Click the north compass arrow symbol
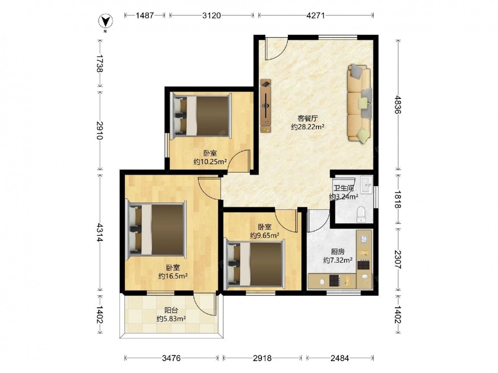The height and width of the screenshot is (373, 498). pyautogui.click(x=106, y=22)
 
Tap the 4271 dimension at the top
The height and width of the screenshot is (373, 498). pyautogui.click(x=315, y=15)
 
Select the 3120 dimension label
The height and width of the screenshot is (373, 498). pyautogui.click(x=211, y=15)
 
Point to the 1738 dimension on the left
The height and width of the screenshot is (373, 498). pyautogui.click(x=100, y=64)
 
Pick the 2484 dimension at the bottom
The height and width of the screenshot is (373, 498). pyautogui.click(x=340, y=358)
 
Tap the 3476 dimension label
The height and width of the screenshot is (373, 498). pyautogui.click(x=171, y=358)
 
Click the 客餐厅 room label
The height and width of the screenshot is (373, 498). pyautogui.click(x=307, y=118)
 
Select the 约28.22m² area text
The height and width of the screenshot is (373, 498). pyautogui.click(x=307, y=127)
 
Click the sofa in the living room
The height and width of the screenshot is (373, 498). pyautogui.click(x=360, y=102)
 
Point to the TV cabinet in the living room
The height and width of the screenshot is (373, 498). pyautogui.click(x=265, y=106)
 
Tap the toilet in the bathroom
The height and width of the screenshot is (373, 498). pyautogui.click(x=361, y=214)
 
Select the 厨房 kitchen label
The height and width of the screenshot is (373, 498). pyautogui.click(x=337, y=252)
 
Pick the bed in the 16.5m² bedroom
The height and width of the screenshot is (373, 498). pyautogui.click(x=156, y=229)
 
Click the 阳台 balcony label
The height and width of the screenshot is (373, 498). pyautogui.click(x=171, y=310)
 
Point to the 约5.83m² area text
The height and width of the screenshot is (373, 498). pyautogui.click(x=171, y=319)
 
